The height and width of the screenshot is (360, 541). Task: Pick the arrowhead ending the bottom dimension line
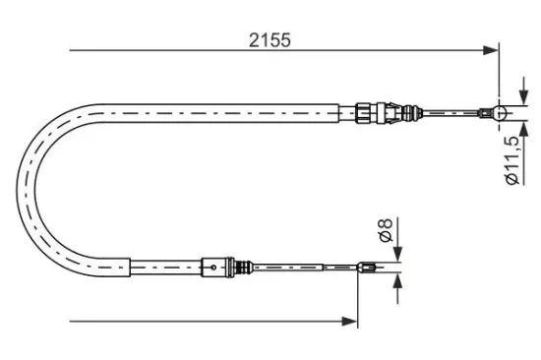point(349,319)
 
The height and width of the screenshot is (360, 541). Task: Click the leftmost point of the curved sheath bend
point(19,187)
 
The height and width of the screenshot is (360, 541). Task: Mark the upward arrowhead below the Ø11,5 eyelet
point(501,130)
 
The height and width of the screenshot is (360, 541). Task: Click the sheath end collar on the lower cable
point(129,266)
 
